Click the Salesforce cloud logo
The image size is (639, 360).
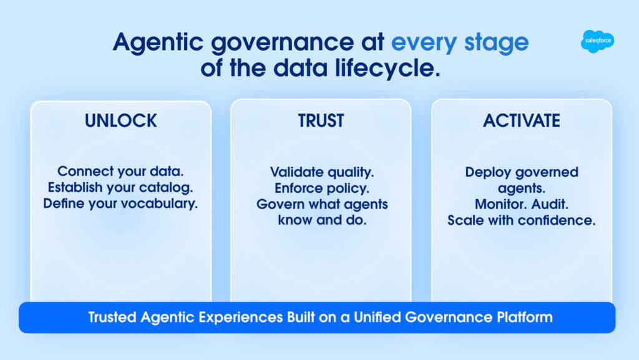coord(597,41)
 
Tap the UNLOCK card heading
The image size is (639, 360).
coord(120,120)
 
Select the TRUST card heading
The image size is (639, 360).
coord(321,120)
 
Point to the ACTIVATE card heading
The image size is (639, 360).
coord(522,120)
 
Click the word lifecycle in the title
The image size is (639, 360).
coord(388,67)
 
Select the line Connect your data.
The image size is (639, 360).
coord(120,171)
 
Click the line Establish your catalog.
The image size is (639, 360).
coord(120,187)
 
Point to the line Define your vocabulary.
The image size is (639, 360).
coord(120,203)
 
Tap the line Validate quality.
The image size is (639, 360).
coord(321,172)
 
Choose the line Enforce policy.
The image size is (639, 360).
coord(321,188)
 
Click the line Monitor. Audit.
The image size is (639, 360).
coord(522,204)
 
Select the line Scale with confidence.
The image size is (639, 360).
coord(522,220)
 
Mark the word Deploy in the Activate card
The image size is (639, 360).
coord(484,172)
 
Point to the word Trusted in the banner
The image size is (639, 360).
coord(112,317)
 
